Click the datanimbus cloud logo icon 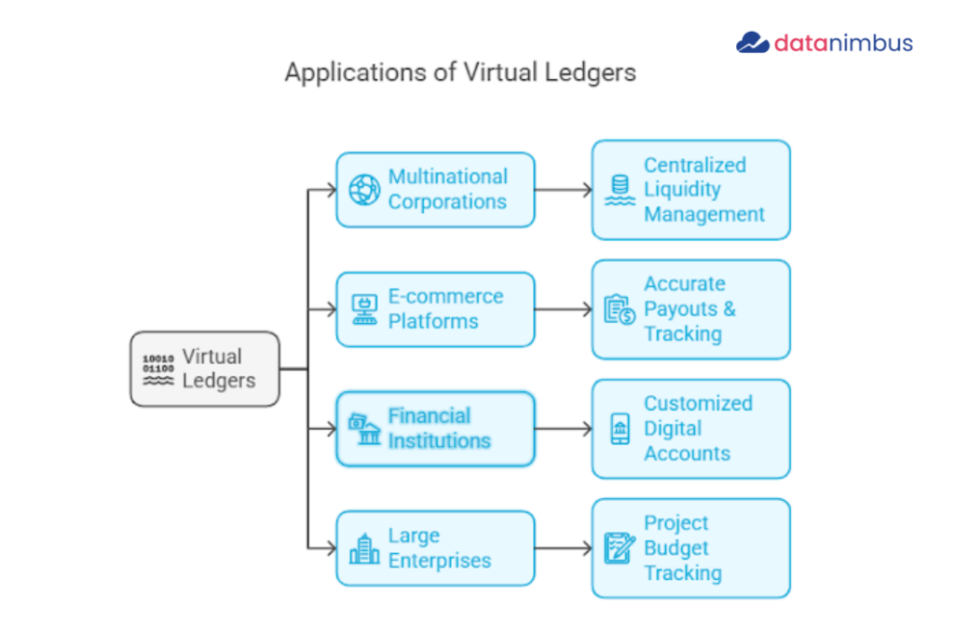coord(752,43)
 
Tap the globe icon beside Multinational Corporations coord(364,190)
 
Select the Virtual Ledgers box coord(204,369)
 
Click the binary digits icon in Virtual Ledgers coord(157,370)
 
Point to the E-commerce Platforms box coord(435,309)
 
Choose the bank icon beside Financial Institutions coord(364,429)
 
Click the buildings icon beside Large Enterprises coord(364,548)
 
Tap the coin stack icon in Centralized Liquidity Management coord(620,190)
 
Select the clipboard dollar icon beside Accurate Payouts coord(620,309)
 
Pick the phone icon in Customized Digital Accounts coord(620,429)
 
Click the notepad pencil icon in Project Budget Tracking coord(620,548)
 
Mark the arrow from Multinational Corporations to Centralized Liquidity coord(564,190)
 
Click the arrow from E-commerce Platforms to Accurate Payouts coord(564,309)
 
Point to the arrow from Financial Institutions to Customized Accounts coord(564,429)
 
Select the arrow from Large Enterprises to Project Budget coord(564,548)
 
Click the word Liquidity coord(682,190)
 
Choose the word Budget coord(676,548)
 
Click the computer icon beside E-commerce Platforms coord(364,309)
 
